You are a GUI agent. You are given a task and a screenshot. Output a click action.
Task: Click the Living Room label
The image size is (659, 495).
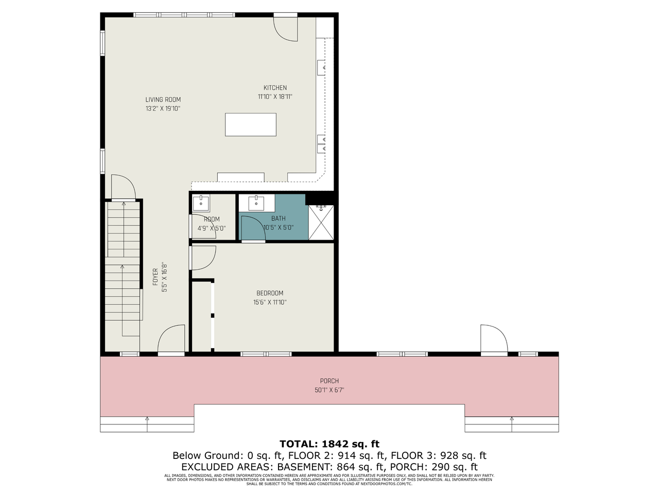coord(163,100)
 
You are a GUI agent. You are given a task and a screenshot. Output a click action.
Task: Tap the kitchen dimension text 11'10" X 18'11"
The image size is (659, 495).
coord(275,96)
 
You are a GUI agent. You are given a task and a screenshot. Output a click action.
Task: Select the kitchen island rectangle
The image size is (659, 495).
coord(251,124)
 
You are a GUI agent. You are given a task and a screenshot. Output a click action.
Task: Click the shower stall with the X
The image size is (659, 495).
coord(321,222)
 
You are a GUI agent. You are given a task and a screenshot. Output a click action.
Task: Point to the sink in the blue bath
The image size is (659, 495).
coord(256,203)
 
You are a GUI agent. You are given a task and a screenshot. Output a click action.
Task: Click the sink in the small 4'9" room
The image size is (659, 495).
coord(201,203)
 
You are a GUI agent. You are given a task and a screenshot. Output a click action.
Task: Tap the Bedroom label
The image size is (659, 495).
coord(270,293)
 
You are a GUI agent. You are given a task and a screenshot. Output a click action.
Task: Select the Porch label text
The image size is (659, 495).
coord(329,381)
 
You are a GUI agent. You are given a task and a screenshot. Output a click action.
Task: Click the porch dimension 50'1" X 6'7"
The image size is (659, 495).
coord(329,390)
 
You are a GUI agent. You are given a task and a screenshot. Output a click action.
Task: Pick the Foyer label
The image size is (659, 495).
coord(155,277)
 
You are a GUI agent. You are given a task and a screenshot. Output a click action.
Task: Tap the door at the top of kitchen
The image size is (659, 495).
coord(285,29)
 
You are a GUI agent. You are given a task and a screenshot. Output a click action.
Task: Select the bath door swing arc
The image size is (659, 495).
coord(252,228)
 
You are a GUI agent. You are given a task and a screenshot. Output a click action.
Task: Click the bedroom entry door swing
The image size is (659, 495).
coord(203,257)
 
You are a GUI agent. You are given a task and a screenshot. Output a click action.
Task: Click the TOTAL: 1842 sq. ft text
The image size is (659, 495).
coord(329,444)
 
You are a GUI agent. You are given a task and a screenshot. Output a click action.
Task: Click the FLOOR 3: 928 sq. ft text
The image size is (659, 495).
coord(438,456)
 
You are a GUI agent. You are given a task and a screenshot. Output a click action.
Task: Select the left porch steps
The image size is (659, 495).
coord(147,424)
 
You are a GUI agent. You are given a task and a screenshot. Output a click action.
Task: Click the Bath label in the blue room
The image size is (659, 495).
coord(278,219)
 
